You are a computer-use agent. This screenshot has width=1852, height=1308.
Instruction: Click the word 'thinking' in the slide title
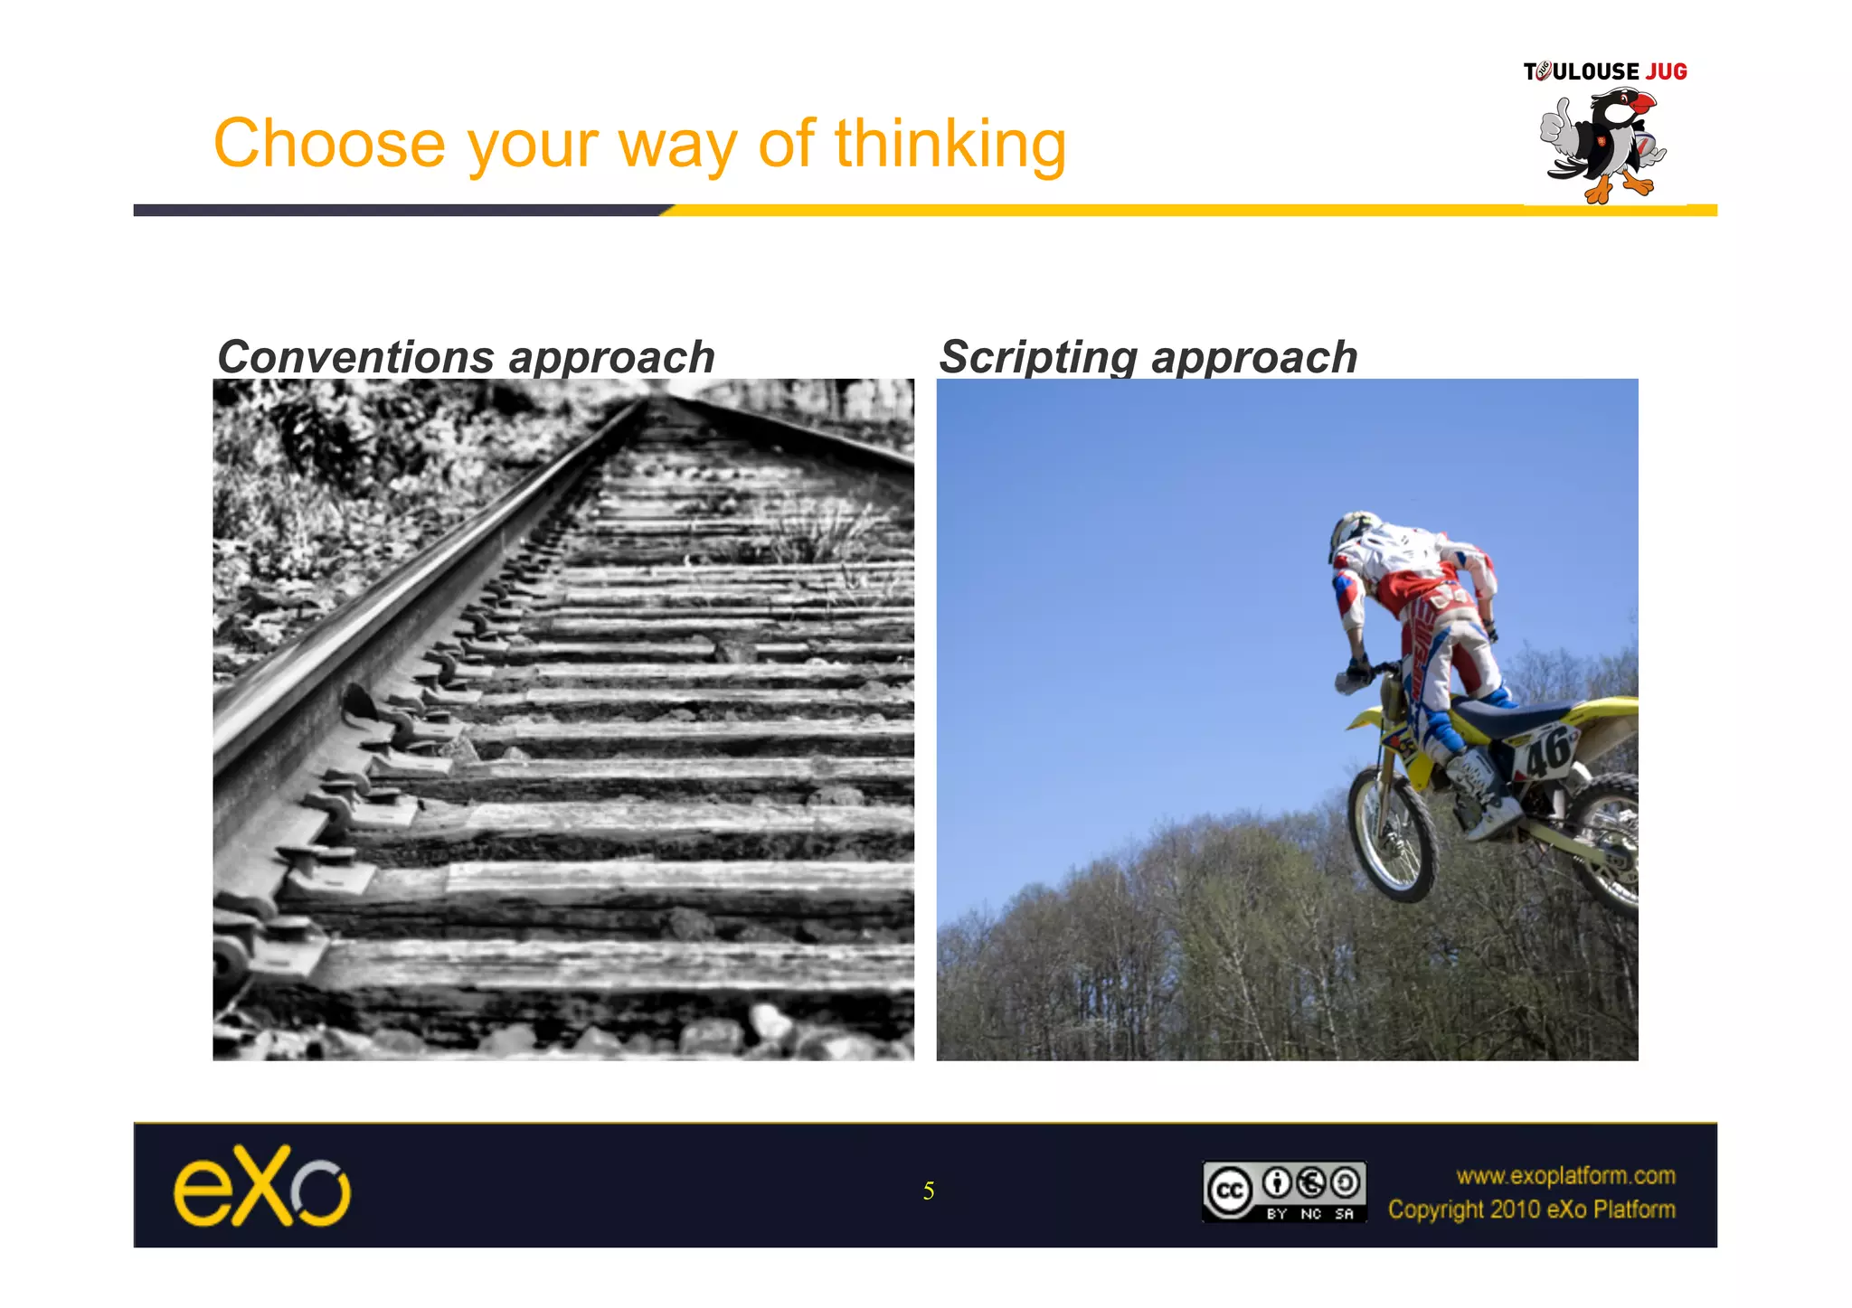coord(950,145)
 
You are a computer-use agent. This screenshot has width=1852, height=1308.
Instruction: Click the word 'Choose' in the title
coord(329,145)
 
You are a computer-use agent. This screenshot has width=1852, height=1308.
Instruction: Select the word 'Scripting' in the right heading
coord(1036,357)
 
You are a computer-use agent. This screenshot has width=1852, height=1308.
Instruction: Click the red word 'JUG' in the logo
coord(1667,71)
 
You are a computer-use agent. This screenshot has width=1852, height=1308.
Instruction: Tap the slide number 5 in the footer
coord(929,1191)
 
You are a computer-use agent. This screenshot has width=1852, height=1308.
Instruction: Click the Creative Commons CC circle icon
coord(1230,1191)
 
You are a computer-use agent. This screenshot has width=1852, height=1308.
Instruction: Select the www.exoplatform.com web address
coord(1565,1175)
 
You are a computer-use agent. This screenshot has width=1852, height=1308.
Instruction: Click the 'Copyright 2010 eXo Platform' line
coord(1532,1209)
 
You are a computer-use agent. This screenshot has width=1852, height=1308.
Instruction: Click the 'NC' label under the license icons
coord(1310,1214)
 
